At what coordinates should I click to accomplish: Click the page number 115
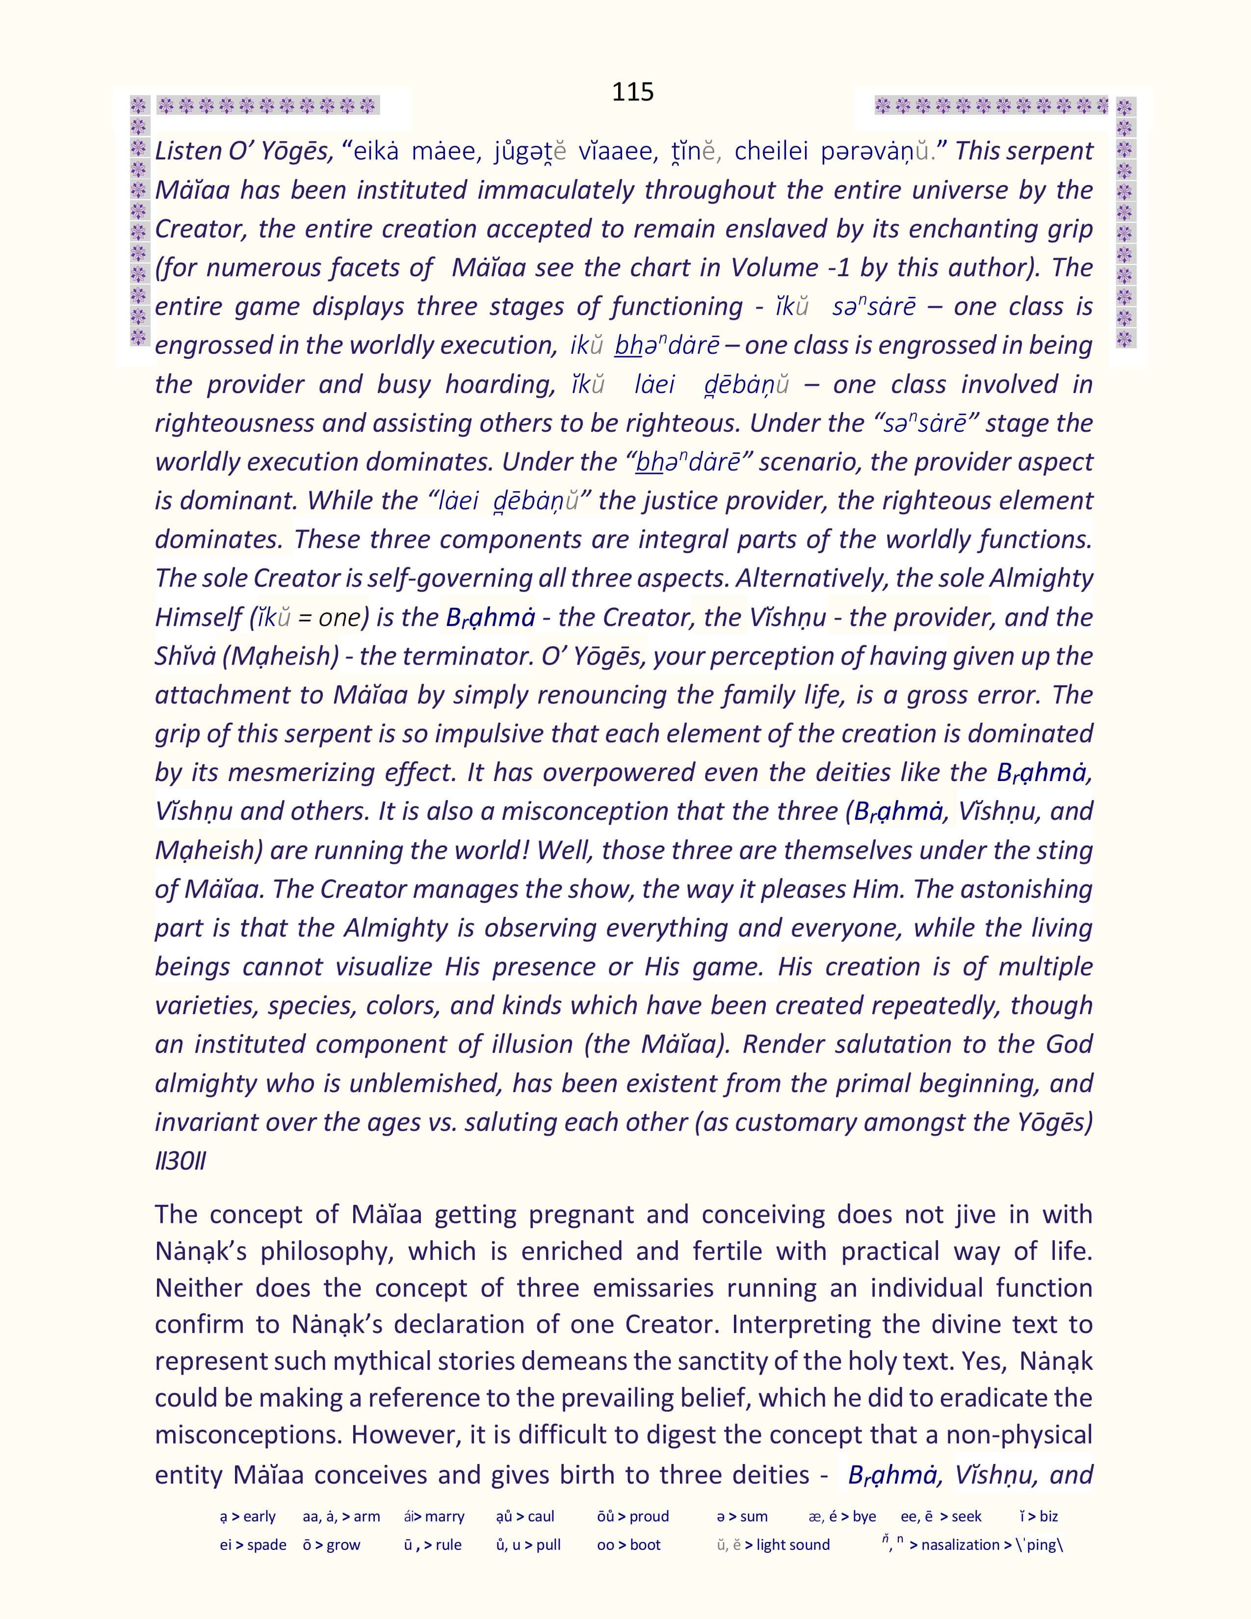(x=632, y=92)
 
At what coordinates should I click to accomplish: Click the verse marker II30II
(x=180, y=1161)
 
